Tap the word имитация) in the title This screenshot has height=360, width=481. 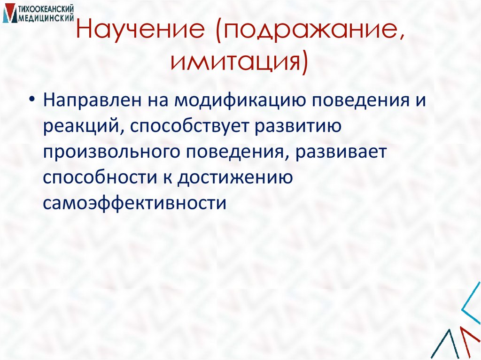pyautogui.click(x=240, y=63)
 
